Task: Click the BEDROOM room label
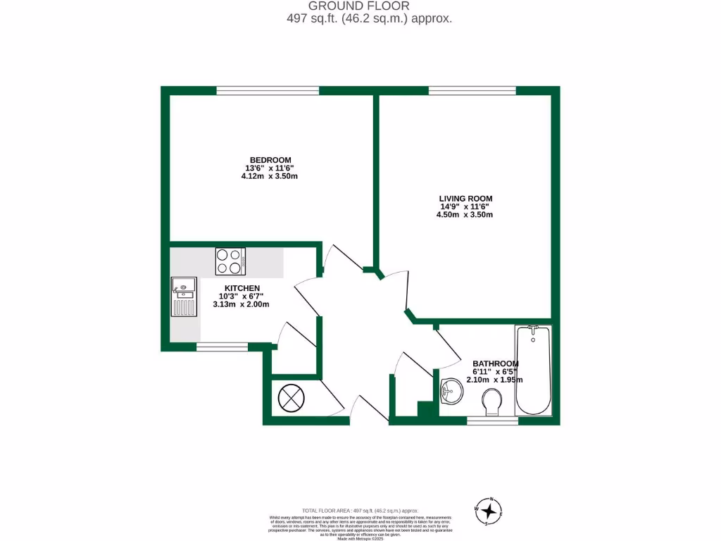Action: point(270,160)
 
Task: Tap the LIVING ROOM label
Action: point(464,198)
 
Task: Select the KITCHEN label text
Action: point(242,288)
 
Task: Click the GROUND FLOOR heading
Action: point(359,6)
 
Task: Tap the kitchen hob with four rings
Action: point(230,261)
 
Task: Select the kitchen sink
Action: point(184,296)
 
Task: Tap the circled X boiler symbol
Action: point(291,398)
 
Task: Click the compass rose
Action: point(489,511)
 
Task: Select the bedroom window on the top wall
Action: point(268,90)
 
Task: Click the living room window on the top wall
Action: point(472,90)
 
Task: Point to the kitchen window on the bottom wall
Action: point(222,346)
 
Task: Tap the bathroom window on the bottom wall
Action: point(492,421)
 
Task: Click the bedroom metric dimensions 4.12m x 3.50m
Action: point(270,176)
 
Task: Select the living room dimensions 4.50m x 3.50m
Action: point(464,214)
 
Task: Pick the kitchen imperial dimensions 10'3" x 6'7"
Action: point(242,296)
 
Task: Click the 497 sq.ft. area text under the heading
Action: point(359,19)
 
